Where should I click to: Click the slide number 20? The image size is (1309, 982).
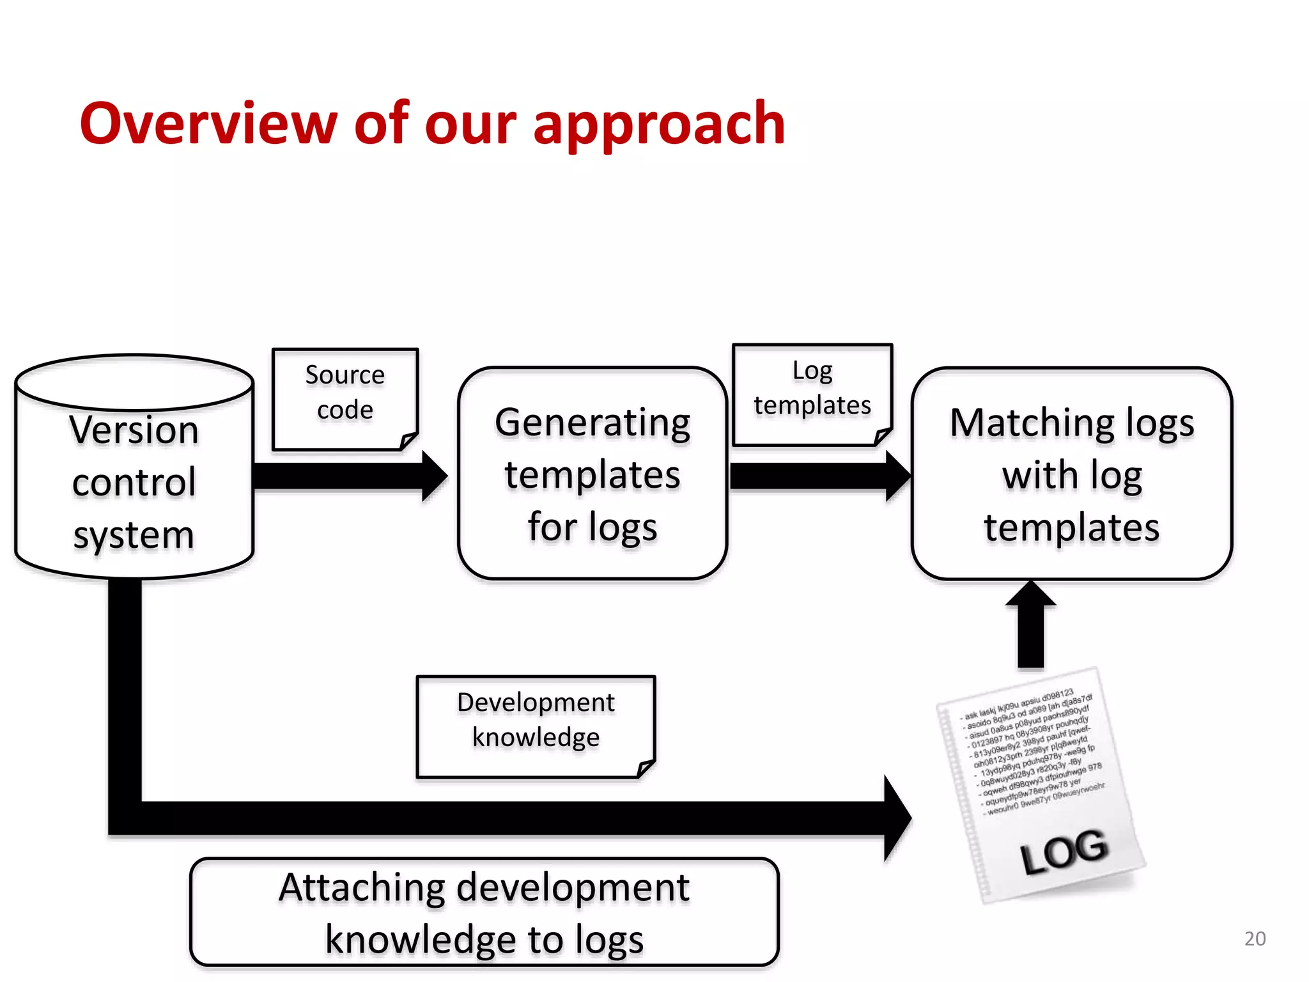1255,938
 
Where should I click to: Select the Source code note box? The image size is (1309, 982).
345,399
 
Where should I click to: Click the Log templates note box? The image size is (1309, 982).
812,394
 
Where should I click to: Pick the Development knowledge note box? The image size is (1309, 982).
536,726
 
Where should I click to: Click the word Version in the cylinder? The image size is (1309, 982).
134,430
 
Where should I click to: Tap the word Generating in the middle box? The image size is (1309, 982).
593,423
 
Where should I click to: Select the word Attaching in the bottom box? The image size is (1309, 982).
362,888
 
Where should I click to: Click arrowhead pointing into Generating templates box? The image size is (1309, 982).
435,476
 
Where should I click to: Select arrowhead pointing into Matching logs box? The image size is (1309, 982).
897,476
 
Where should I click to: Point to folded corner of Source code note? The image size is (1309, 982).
408,440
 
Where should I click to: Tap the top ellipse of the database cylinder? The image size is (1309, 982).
134,382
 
